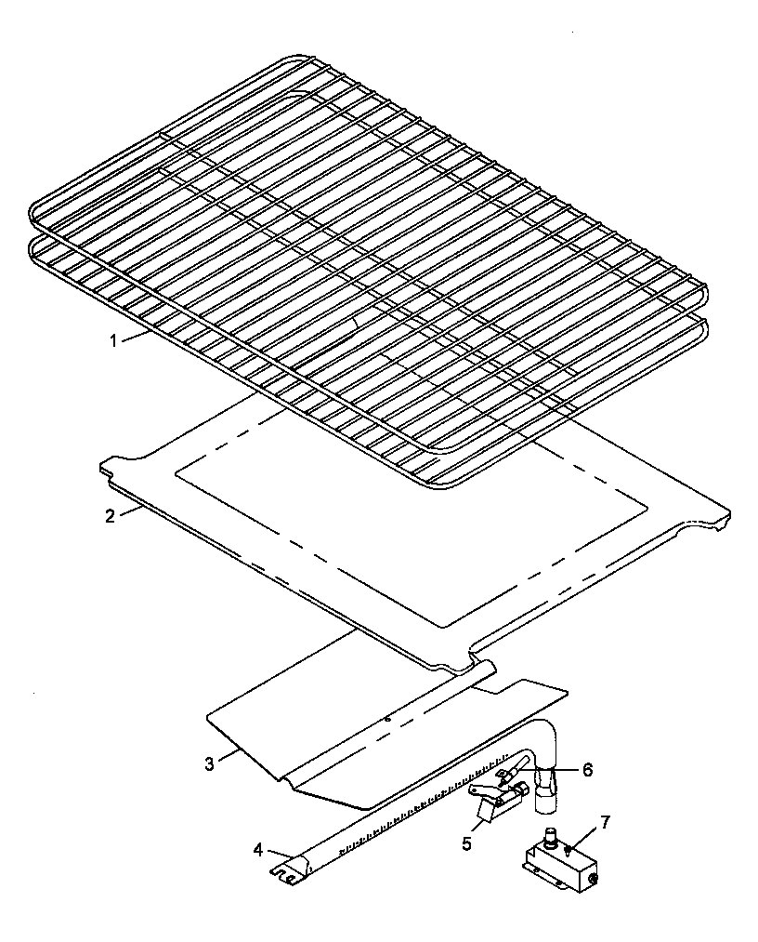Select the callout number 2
tap(110, 516)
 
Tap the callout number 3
tap(210, 763)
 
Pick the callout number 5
tap(467, 843)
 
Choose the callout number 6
tap(586, 770)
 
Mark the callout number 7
tap(605, 822)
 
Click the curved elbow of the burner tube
tap(548, 735)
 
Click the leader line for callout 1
tap(134, 337)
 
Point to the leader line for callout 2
tap(128, 511)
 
